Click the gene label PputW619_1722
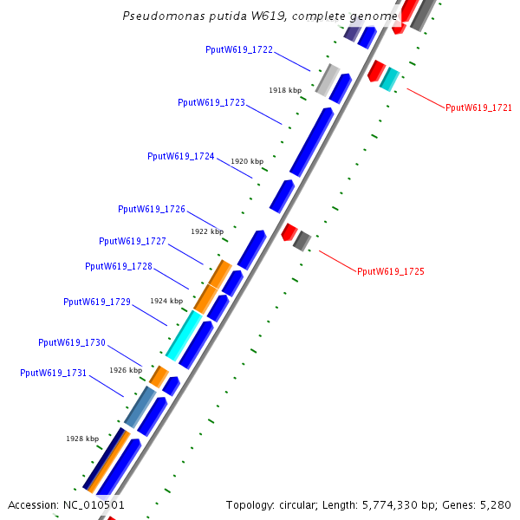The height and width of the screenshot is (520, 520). pos(239,50)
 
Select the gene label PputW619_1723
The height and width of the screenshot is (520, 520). pos(211,102)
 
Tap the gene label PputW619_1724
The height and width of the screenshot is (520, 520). pos(181,157)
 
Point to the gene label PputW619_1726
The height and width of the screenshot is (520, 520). pos(152,210)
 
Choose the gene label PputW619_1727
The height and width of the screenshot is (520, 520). pos(133,242)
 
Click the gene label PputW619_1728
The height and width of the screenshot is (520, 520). pos(119,267)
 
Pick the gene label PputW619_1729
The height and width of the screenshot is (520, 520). pos(97,302)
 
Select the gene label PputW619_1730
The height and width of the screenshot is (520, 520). pos(72,343)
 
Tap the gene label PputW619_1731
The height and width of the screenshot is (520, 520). pos(53,373)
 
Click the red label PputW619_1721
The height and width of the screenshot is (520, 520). pos(478,108)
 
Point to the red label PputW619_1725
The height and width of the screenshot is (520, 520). pos(391,272)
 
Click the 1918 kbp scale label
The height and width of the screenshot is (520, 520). pos(285,90)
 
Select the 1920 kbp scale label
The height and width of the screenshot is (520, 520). pos(247,162)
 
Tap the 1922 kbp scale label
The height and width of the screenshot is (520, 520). pos(207,231)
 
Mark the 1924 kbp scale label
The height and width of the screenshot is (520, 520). pos(166,301)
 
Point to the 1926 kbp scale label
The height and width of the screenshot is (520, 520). pos(126,370)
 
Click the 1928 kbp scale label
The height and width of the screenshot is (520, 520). pos(82,439)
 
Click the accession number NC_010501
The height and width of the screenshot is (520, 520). pos(94,504)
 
